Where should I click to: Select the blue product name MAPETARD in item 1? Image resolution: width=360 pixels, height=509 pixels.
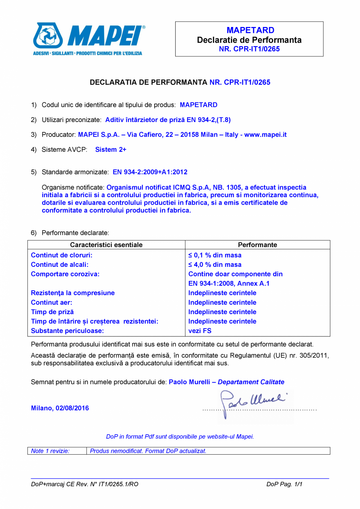pyautogui.click(x=198, y=105)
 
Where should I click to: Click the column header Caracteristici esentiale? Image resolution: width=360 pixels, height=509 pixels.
pyautogui.click(x=106, y=245)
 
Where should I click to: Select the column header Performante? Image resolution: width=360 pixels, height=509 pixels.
pyautogui.click(x=257, y=245)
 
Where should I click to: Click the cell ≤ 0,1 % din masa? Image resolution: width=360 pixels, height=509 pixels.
pyautogui.click(x=215, y=255)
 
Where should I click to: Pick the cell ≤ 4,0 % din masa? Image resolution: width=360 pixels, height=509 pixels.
pyautogui.click(x=215, y=265)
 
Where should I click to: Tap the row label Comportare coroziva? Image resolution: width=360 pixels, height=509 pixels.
pyautogui.click(x=65, y=274)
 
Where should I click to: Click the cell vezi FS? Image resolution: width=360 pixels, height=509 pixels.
pyautogui.click(x=200, y=331)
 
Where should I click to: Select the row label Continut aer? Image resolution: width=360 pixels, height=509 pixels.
pyautogui.click(x=52, y=302)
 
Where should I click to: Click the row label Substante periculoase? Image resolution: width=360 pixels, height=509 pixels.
pyautogui.click(x=67, y=331)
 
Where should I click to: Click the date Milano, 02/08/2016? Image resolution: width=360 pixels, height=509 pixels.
pyautogui.click(x=60, y=408)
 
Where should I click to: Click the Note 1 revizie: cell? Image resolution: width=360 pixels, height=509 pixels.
pyautogui.click(x=50, y=451)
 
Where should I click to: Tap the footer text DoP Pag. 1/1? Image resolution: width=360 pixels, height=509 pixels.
pyautogui.click(x=284, y=484)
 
